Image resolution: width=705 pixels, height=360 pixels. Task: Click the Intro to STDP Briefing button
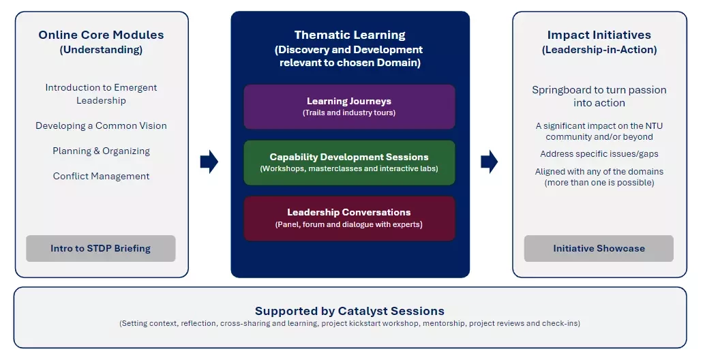101,249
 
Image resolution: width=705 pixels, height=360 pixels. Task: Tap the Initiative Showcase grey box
599,249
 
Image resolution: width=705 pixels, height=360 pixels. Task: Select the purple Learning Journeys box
349,107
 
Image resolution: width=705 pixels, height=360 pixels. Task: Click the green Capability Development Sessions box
349,163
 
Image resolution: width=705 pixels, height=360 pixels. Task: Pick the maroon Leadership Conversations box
349,218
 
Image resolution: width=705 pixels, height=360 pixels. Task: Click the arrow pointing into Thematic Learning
209,162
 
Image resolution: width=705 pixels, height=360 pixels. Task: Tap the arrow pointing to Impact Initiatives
489,162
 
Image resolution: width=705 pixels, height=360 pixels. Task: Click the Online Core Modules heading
101,35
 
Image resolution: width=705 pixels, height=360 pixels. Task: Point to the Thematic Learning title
350,35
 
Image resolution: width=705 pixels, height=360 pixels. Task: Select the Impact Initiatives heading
599,35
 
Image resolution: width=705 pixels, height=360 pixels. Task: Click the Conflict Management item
101,176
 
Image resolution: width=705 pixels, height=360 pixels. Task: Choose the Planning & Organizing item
101,151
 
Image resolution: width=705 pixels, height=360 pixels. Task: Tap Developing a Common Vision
101,126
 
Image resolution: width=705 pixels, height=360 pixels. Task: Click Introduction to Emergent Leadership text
101,94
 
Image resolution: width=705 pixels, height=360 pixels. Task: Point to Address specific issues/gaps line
599,154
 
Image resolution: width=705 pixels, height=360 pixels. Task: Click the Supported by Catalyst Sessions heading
350,311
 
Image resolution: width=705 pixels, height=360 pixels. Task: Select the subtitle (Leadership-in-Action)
599,50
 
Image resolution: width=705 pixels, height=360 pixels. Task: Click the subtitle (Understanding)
101,50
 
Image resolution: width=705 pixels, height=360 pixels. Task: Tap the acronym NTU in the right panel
654,126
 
